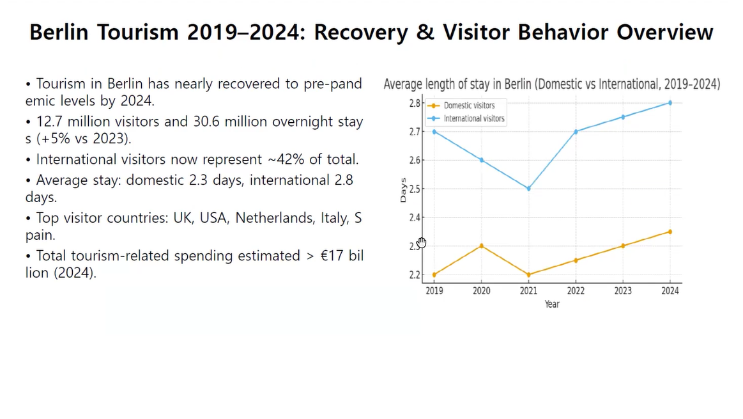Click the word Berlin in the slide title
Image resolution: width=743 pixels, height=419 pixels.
pos(59,33)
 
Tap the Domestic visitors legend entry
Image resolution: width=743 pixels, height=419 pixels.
pos(469,106)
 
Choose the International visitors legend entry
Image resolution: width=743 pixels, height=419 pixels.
pos(473,118)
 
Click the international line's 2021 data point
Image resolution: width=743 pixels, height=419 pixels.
pos(528,189)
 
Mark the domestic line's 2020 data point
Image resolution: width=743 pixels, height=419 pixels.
pos(481,246)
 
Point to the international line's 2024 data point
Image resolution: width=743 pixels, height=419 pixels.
pos(670,102)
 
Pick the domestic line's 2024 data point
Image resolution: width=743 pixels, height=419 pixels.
pos(670,232)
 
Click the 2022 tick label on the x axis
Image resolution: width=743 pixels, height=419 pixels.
pos(576,291)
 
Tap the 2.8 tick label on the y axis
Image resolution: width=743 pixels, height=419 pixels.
pos(415,103)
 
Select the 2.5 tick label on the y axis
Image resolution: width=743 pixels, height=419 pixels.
pos(415,189)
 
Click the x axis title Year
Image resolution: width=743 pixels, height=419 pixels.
pos(552,304)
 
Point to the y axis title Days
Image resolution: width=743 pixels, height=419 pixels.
pos(402,190)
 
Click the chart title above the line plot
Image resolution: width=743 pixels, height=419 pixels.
pos(551,84)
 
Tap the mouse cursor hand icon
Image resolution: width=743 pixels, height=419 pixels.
pos(422,242)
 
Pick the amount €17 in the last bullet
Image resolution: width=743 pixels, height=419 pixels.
pos(332,256)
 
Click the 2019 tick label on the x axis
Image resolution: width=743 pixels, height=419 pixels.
pos(434,291)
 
